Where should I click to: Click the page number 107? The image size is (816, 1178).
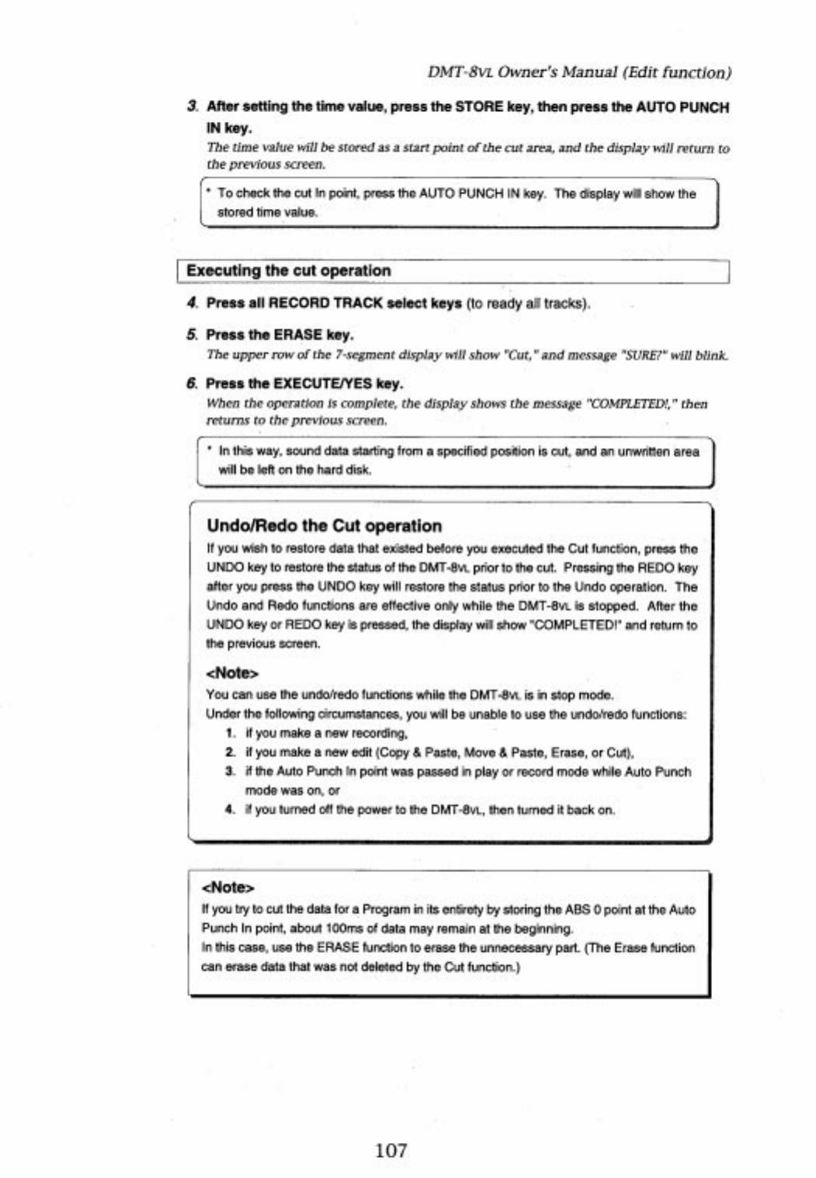pos(391,1150)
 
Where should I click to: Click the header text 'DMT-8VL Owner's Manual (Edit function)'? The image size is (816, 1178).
pos(579,72)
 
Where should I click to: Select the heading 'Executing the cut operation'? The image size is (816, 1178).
pos(288,271)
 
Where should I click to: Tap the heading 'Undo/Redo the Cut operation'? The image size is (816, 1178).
pos(324,526)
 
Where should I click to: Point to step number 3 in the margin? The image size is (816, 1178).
pos(192,107)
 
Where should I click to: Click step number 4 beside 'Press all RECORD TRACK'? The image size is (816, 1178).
pos(192,303)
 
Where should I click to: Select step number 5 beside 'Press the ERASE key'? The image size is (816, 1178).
pos(192,335)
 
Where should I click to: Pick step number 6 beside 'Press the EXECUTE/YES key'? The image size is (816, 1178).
pos(192,384)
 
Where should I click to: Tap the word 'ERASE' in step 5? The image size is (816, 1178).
pos(297,335)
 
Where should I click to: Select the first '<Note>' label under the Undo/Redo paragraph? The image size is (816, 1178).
pos(232,672)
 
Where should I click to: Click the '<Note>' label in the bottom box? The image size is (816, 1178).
pos(227,887)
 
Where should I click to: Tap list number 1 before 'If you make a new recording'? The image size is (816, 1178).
pos(231,733)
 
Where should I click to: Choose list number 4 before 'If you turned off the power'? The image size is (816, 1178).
pos(231,809)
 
